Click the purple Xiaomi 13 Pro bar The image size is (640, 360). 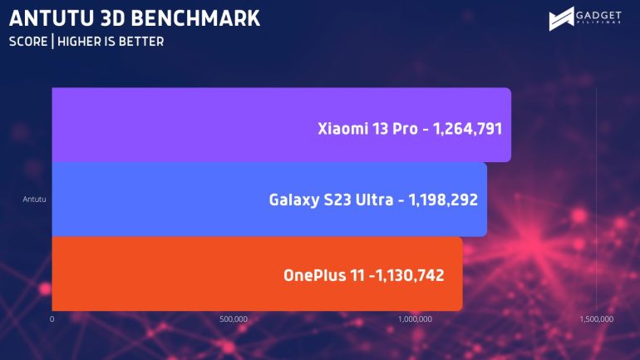(208, 125)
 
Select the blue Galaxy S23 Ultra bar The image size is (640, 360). (166, 200)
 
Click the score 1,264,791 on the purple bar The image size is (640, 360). (467, 129)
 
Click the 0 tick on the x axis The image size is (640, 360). (52, 319)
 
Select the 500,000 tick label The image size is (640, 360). (234, 319)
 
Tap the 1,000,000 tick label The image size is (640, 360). (415, 319)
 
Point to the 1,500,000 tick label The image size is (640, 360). (596, 319)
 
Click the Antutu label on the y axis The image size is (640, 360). (36, 200)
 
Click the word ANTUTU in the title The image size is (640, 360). (51, 17)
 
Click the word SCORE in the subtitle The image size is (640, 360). (27, 42)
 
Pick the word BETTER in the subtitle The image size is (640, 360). (142, 42)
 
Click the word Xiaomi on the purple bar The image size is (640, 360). (342, 129)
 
